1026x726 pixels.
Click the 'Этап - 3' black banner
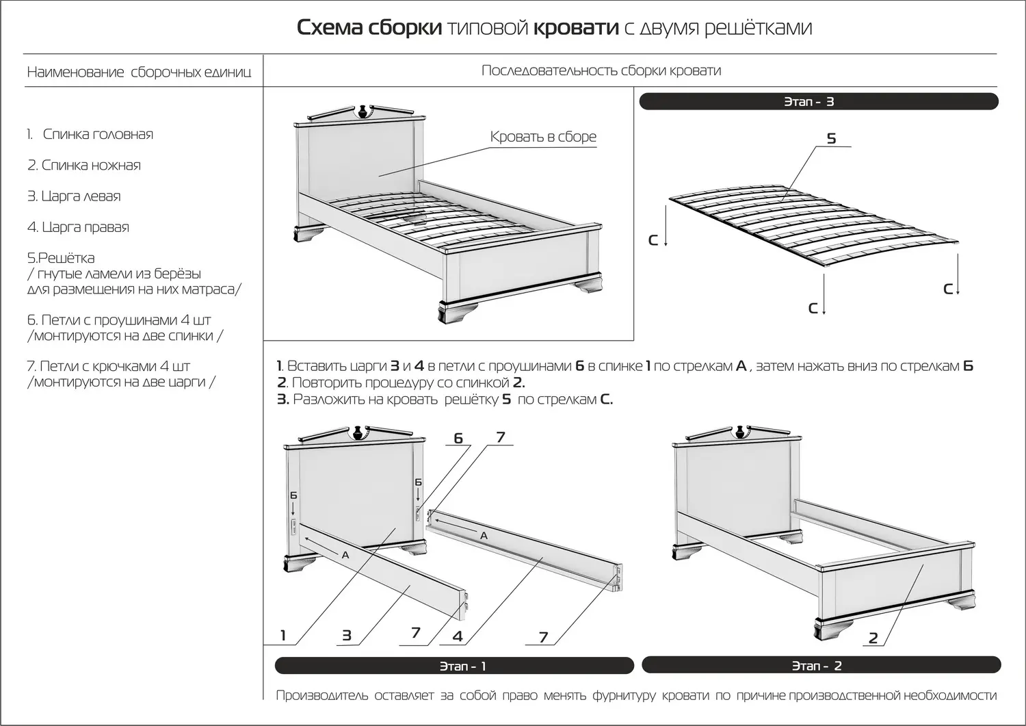818,102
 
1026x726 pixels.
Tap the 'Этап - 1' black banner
454,666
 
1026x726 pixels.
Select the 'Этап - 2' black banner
821,665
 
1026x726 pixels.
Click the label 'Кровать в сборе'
543,137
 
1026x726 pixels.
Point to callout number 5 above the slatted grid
831,139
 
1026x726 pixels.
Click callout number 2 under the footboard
873,638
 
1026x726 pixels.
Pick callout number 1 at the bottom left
283,636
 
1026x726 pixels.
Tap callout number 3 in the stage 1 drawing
347,636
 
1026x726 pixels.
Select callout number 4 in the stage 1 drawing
458,636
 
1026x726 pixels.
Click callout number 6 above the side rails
458,439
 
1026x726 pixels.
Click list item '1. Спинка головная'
90,134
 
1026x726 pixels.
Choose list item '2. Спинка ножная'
84,165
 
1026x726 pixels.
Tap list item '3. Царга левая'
74,196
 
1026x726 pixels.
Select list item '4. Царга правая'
78,227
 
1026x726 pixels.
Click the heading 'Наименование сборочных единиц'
139,72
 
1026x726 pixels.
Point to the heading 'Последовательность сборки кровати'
601,70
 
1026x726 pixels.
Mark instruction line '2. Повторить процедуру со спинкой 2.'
401,383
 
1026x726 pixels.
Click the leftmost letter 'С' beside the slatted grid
653,240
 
